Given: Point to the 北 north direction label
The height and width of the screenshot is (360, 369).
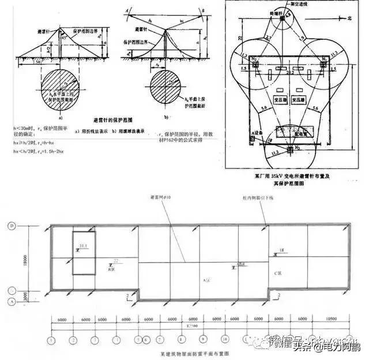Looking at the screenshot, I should (348, 18).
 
